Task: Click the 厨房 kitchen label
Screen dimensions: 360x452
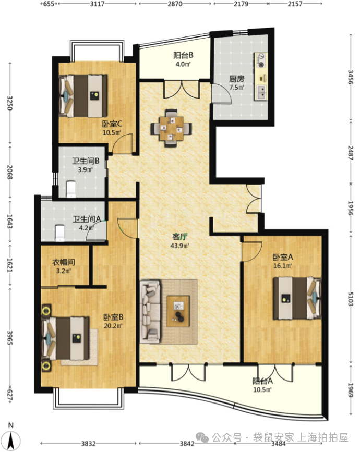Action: (237, 78)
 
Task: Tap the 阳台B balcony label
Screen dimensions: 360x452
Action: (183, 55)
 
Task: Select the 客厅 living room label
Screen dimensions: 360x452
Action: (179, 237)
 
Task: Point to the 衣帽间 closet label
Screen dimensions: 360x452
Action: (64, 262)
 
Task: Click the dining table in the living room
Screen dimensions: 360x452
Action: (171, 128)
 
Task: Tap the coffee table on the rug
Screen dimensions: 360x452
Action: (178, 311)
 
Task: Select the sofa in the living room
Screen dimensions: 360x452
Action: (150, 312)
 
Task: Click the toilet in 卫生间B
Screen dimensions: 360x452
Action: (71, 189)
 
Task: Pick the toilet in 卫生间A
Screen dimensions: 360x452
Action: (59, 233)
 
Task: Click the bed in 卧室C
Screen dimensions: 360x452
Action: (83, 96)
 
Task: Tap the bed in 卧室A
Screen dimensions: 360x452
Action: (297, 298)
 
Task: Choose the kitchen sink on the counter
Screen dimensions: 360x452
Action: (261, 92)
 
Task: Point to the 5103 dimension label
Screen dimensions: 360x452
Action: (351, 299)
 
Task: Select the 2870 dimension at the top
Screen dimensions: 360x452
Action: (175, 4)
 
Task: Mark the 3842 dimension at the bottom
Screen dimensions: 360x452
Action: (187, 443)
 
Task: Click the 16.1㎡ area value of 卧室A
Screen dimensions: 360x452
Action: (283, 266)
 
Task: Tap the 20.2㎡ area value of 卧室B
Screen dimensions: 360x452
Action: (113, 326)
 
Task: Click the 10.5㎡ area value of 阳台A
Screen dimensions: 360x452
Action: (262, 390)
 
